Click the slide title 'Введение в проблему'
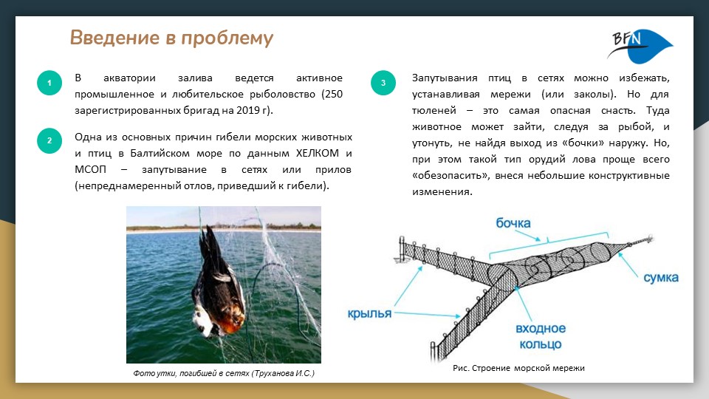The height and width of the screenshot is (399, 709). pyautogui.click(x=171, y=38)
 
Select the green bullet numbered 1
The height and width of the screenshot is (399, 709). pyautogui.click(x=49, y=83)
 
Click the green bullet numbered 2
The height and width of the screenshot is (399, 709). pyautogui.click(x=49, y=141)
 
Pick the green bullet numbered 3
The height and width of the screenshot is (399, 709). pyautogui.click(x=383, y=83)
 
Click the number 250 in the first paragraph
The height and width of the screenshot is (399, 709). pyautogui.click(x=333, y=94)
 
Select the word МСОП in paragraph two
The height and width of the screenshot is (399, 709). pyautogui.click(x=92, y=170)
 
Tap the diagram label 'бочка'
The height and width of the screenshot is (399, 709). pyautogui.click(x=514, y=222)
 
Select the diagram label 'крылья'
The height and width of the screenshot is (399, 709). pyautogui.click(x=369, y=313)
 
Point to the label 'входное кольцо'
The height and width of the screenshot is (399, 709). pyautogui.click(x=541, y=336)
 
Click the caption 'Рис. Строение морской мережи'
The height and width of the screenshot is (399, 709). pyautogui.click(x=518, y=368)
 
